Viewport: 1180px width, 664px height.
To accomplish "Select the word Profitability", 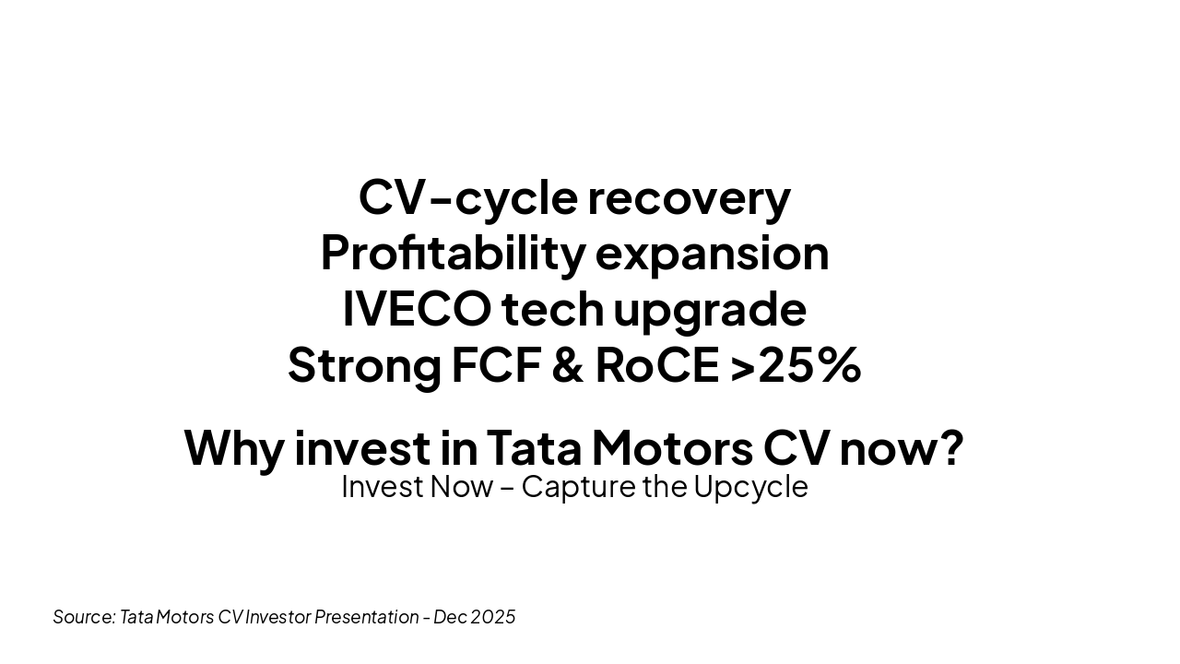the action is (453, 255).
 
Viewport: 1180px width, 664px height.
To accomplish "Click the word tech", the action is (552, 309).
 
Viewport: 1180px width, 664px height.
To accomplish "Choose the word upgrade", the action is (710, 313).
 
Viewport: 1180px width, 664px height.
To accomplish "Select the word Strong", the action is (364, 368).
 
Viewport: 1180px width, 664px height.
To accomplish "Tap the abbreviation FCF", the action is (497, 365).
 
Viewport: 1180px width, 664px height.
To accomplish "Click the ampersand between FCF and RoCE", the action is (568, 365).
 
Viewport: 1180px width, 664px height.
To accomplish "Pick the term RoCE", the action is (657, 365).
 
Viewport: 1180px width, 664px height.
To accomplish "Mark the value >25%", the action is (796, 365).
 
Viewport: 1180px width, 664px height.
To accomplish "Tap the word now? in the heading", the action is (902, 448).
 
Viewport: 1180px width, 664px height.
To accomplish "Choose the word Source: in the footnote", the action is (84, 617).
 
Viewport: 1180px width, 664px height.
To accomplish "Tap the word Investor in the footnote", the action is (278, 617).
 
